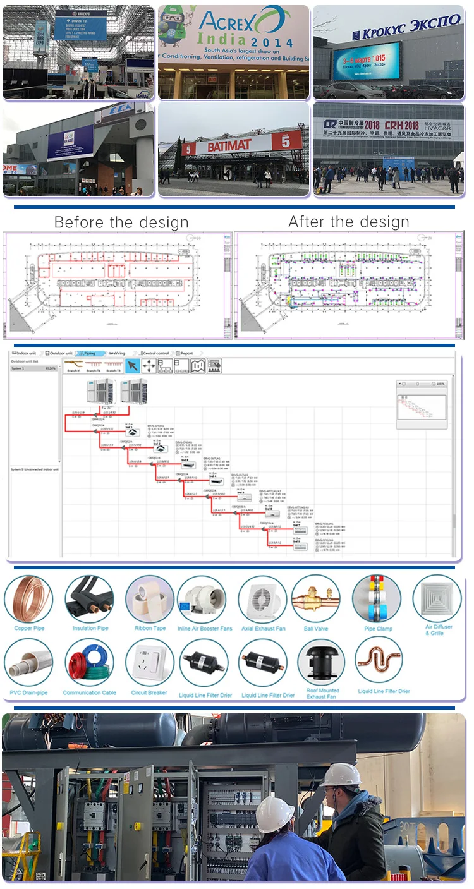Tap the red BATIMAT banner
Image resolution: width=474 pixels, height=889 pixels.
point(226,144)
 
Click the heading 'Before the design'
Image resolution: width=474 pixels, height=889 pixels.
point(121,222)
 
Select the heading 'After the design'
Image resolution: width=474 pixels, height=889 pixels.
point(349,222)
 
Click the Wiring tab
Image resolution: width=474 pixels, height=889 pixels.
point(118,353)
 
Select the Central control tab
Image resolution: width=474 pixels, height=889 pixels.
point(155,353)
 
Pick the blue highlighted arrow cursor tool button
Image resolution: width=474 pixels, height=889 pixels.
point(132,366)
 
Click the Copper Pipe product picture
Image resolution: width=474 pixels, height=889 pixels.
point(28,598)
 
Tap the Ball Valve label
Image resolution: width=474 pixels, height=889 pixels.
point(316,628)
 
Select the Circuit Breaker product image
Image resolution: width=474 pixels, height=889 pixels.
point(150,662)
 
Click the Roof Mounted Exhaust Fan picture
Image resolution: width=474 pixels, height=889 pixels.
point(323,662)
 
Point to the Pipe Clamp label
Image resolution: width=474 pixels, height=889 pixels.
point(379,628)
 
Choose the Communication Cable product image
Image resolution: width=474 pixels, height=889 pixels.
point(90,662)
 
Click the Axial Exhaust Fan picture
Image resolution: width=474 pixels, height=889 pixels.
point(262,598)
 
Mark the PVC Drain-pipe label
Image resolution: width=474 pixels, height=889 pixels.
point(28,692)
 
